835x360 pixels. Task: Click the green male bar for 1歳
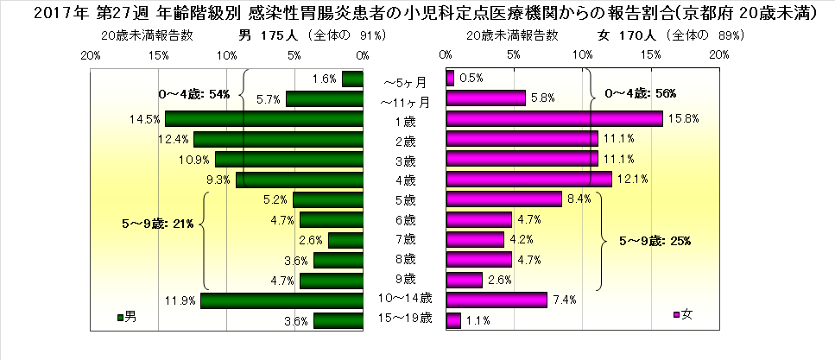tap(263, 118)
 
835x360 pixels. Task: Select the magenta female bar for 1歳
tap(554, 118)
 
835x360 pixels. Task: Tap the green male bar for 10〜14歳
tap(281, 300)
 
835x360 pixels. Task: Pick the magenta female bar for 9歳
tap(464, 280)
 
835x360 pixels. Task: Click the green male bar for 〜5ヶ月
tap(352, 79)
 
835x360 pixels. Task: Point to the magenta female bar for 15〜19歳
tap(453, 320)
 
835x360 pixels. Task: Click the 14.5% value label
tap(144, 118)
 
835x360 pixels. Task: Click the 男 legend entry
tap(126, 316)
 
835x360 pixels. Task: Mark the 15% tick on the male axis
tap(158, 54)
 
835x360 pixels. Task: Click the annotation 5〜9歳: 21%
tap(159, 224)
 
